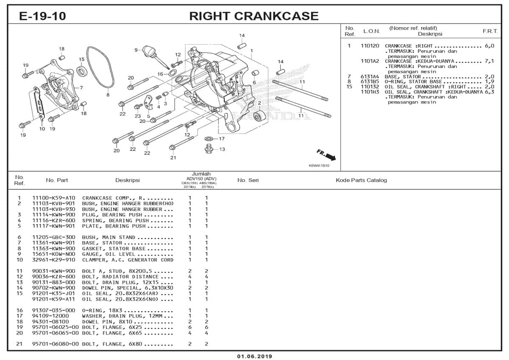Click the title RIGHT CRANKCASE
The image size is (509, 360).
click(x=254, y=16)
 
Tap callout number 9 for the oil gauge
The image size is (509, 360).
click(x=136, y=50)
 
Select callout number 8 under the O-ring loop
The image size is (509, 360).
click(x=108, y=95)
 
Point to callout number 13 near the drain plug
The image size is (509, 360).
click(x=222, y=149)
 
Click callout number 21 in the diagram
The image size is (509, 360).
click(x=173, y=158)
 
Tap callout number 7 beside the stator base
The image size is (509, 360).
click(x=81, y=88)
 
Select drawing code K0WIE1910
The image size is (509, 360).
click(x=319, y=166)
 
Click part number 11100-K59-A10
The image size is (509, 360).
click(x=54, y=198)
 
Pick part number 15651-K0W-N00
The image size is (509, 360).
click(x=54, y=254)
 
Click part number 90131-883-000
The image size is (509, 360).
click(x=54, y=282)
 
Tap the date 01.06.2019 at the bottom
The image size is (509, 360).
click(x=255, y=356)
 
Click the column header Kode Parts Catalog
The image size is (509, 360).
click(x=361, y=180)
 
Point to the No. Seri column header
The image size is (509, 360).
click(x=248, y=180)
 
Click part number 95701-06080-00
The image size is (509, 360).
click(x=56, y=344)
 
